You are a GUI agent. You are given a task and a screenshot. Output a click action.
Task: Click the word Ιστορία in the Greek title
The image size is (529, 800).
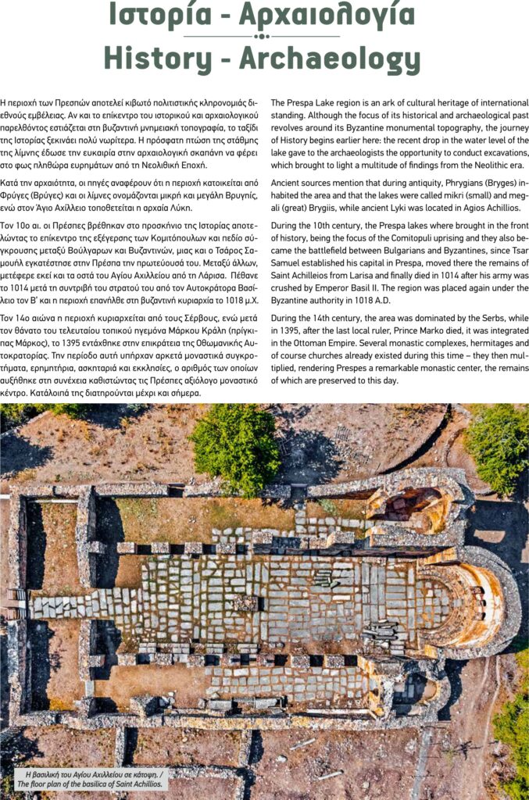[153, 15]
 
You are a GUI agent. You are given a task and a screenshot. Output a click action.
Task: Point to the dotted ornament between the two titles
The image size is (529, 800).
[263, 36]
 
